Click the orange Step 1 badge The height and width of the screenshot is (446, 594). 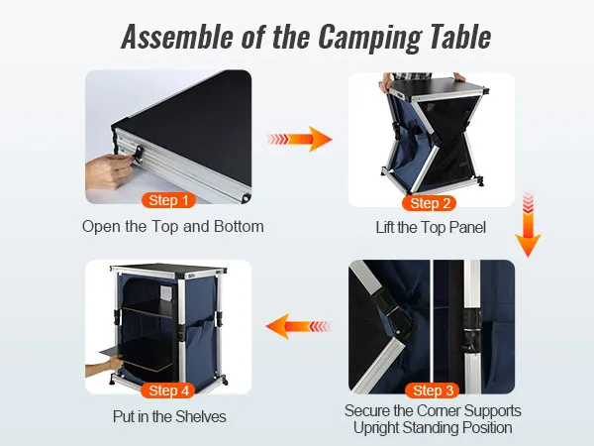[168, 200]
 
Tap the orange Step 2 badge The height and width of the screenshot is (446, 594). [430, 203]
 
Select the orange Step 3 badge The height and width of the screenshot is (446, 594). [433, 390]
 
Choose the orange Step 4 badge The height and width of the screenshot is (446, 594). [168, 390]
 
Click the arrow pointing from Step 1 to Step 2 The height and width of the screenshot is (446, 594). [299, 139]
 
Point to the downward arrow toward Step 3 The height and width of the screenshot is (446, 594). [528, 225]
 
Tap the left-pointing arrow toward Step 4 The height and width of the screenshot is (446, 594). [299, 326]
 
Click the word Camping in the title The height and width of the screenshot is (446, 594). [369, 38]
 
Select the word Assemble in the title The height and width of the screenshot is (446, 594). [177, 37]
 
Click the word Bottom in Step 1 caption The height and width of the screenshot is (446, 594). [239, 227]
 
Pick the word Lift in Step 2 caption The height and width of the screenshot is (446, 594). [385, 228]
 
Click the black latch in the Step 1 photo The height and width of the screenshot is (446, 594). [138, 155]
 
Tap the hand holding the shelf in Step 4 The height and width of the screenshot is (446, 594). [104, 367]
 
